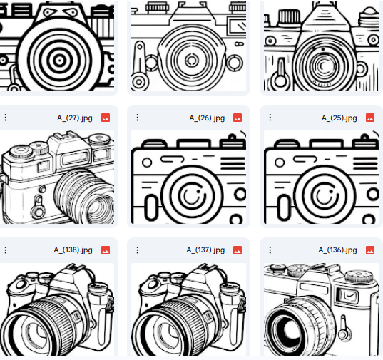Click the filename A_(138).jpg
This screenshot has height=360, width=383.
[73, 250]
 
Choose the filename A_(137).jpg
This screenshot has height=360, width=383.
[205, 250]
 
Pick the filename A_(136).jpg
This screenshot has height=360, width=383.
[338, 250]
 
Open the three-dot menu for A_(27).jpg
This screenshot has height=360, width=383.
[6, 118]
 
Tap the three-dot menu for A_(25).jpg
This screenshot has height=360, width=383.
[268, 118]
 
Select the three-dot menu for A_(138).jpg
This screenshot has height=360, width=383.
[6, 250]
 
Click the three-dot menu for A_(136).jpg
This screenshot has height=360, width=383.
[268, 250]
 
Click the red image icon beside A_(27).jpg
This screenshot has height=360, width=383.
[106, 118]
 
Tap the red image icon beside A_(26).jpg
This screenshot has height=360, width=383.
[238, 118]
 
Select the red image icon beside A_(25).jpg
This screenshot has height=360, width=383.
[370, 118]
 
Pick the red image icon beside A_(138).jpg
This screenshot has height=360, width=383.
[106, 250]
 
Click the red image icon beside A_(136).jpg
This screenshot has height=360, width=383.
[370, 250]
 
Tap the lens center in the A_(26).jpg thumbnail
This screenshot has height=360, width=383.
[189, 195]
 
